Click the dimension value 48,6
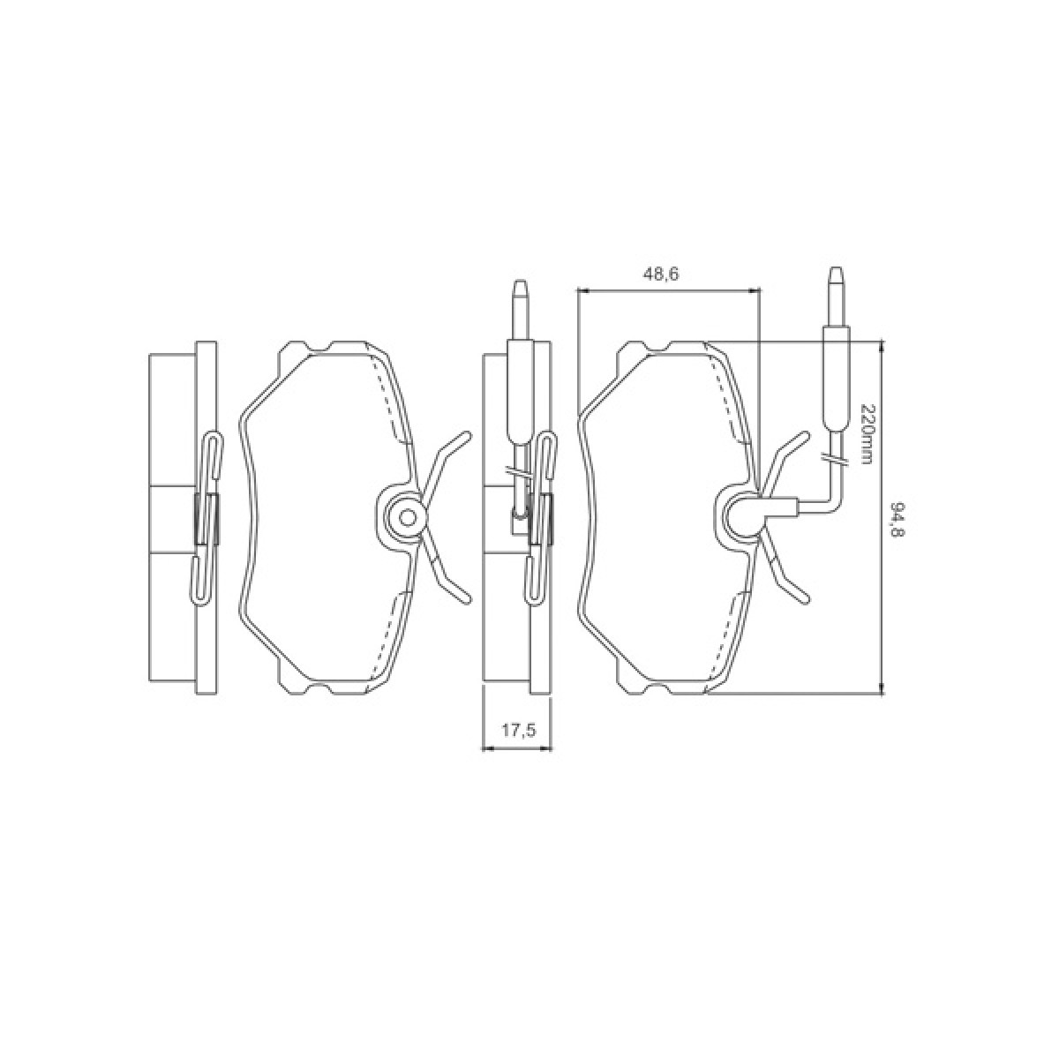[x=661, y=274]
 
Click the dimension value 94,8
[x=898, y=519]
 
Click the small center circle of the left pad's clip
[x=407, y=517]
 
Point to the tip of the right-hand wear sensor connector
[x=836, y=270]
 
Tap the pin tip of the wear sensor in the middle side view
[x=519, y=284]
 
